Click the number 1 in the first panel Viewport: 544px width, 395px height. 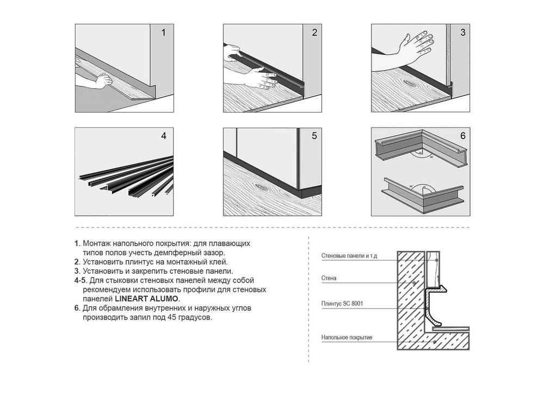(x=163, y=33)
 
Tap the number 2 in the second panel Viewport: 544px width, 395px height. (x=314, y=33)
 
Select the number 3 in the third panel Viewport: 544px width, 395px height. (x=463, y=33)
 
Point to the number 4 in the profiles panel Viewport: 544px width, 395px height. (x=164, y=136)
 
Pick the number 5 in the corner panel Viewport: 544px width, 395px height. (x=314, y=136)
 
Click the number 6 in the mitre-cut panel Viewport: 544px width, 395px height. (x=463, y=136)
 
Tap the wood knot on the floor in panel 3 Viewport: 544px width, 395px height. (x=410, y=83)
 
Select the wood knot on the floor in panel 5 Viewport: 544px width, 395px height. (x=261, y=186)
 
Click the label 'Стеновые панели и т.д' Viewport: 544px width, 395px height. (x=349, y=256)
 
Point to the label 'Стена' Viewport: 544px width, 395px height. (x=329, y=278)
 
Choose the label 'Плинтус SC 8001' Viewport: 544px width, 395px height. (x=342, y=304)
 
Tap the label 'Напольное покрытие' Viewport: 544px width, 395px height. (x=347, y=337)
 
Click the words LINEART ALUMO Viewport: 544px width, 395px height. (x=146, y=299)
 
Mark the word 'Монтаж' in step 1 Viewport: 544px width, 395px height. (x=95, y=243)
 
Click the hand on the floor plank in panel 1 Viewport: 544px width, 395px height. (x=103, y=81)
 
